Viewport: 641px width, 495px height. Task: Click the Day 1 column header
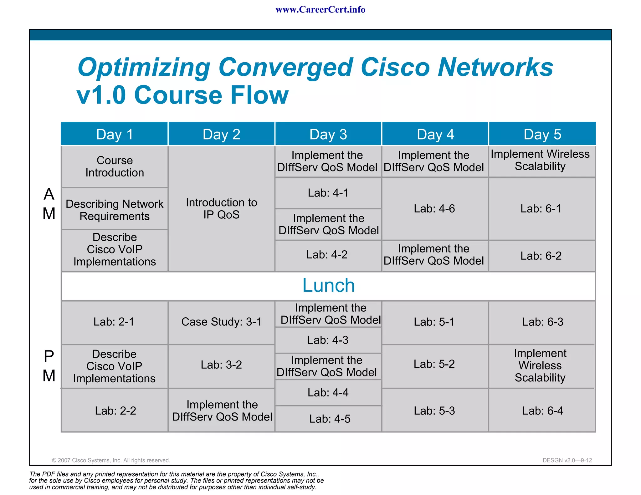pyautogui.click(x=115, y=134)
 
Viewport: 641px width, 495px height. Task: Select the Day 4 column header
pyautogui.click(x=435, y=134)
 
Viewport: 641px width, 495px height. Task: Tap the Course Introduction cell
pyautogui.click(x=115, y=166)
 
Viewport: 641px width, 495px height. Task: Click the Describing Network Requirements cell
pyautogui.click(x=115, y=210)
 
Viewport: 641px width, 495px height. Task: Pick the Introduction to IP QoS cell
pyautogui.click(x=221, y=208)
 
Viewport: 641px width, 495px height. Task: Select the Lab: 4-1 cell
pyautogui.click(x=328, y=193)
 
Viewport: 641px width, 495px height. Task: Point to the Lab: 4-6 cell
pyautogui.click(x=434, y=208)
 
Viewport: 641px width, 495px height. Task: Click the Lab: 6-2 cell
pyautogui.click(x=541, y=256)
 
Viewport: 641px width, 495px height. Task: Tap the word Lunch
pyautogui.click(x=328, y=285)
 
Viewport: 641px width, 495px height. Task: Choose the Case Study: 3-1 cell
pyautogui.click(x=221, y=322)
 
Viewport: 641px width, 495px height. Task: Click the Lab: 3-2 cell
pyautogui.click(x=221, y=365)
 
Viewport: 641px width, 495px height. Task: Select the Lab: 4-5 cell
pyautogui.click(x=330, y=419)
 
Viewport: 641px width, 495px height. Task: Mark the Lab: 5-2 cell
pyautogui.click(x=434, y=364)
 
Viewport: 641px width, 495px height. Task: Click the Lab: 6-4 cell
pyautogui.click(x=542, y=411)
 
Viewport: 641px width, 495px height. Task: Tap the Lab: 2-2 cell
pyautogui.click(x=115, y=411)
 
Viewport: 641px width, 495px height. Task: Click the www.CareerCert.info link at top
pyautogui.click(x=320, y=10)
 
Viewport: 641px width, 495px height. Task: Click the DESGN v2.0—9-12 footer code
pyautogui.click(x=567, y=460)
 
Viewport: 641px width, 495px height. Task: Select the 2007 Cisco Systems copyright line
pyautogui.click(x=111, y=460)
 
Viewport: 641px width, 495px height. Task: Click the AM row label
pyautogui.click(x=49, y=204)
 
